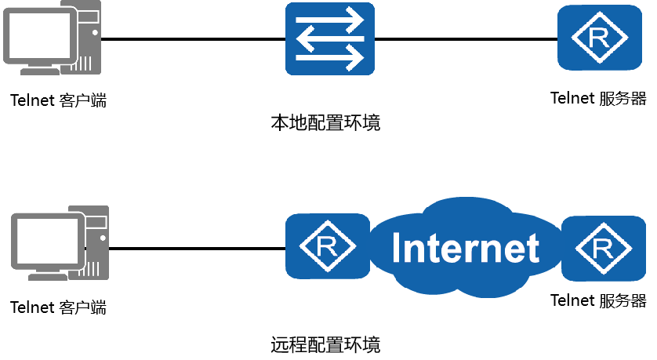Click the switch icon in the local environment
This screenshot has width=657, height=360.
(x=329, y=39)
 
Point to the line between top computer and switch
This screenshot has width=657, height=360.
(x=192, y=38)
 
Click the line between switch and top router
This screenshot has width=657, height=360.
(x=466, y=38)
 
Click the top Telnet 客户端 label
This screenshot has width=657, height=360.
(x=58, y=100)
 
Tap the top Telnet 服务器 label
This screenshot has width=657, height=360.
(x=598, y=99)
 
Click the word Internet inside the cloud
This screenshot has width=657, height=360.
(x=466, y=248)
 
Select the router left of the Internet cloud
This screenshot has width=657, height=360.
(x=327, y=246)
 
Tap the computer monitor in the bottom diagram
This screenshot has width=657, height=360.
(x=45, y=242)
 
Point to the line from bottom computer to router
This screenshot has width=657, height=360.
(x=196, y=248)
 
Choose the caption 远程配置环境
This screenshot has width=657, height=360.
(x=325, y=344)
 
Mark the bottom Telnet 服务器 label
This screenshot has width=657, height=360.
(x=598, y=300)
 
